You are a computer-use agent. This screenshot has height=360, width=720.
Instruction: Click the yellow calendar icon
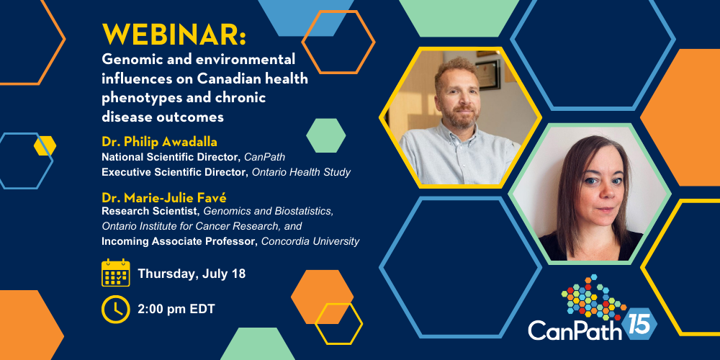(x=116, y=273)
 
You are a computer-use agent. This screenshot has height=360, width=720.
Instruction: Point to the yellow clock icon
(x=116, y=309)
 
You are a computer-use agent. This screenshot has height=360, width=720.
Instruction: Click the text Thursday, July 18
(x=192, y=274)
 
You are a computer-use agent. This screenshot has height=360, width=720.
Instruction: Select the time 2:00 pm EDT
(x=176, y=310)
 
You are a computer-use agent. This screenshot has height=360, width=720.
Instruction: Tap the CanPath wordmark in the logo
(x=575, y=330)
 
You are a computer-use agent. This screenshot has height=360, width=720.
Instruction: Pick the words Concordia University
(x=310, y=241)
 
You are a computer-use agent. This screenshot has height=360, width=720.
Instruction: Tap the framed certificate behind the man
(x=487, y=74)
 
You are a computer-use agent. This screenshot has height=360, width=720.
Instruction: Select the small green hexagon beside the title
(x=326, y=135)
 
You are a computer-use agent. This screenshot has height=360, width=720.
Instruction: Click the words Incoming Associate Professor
(x=180, y=241)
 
